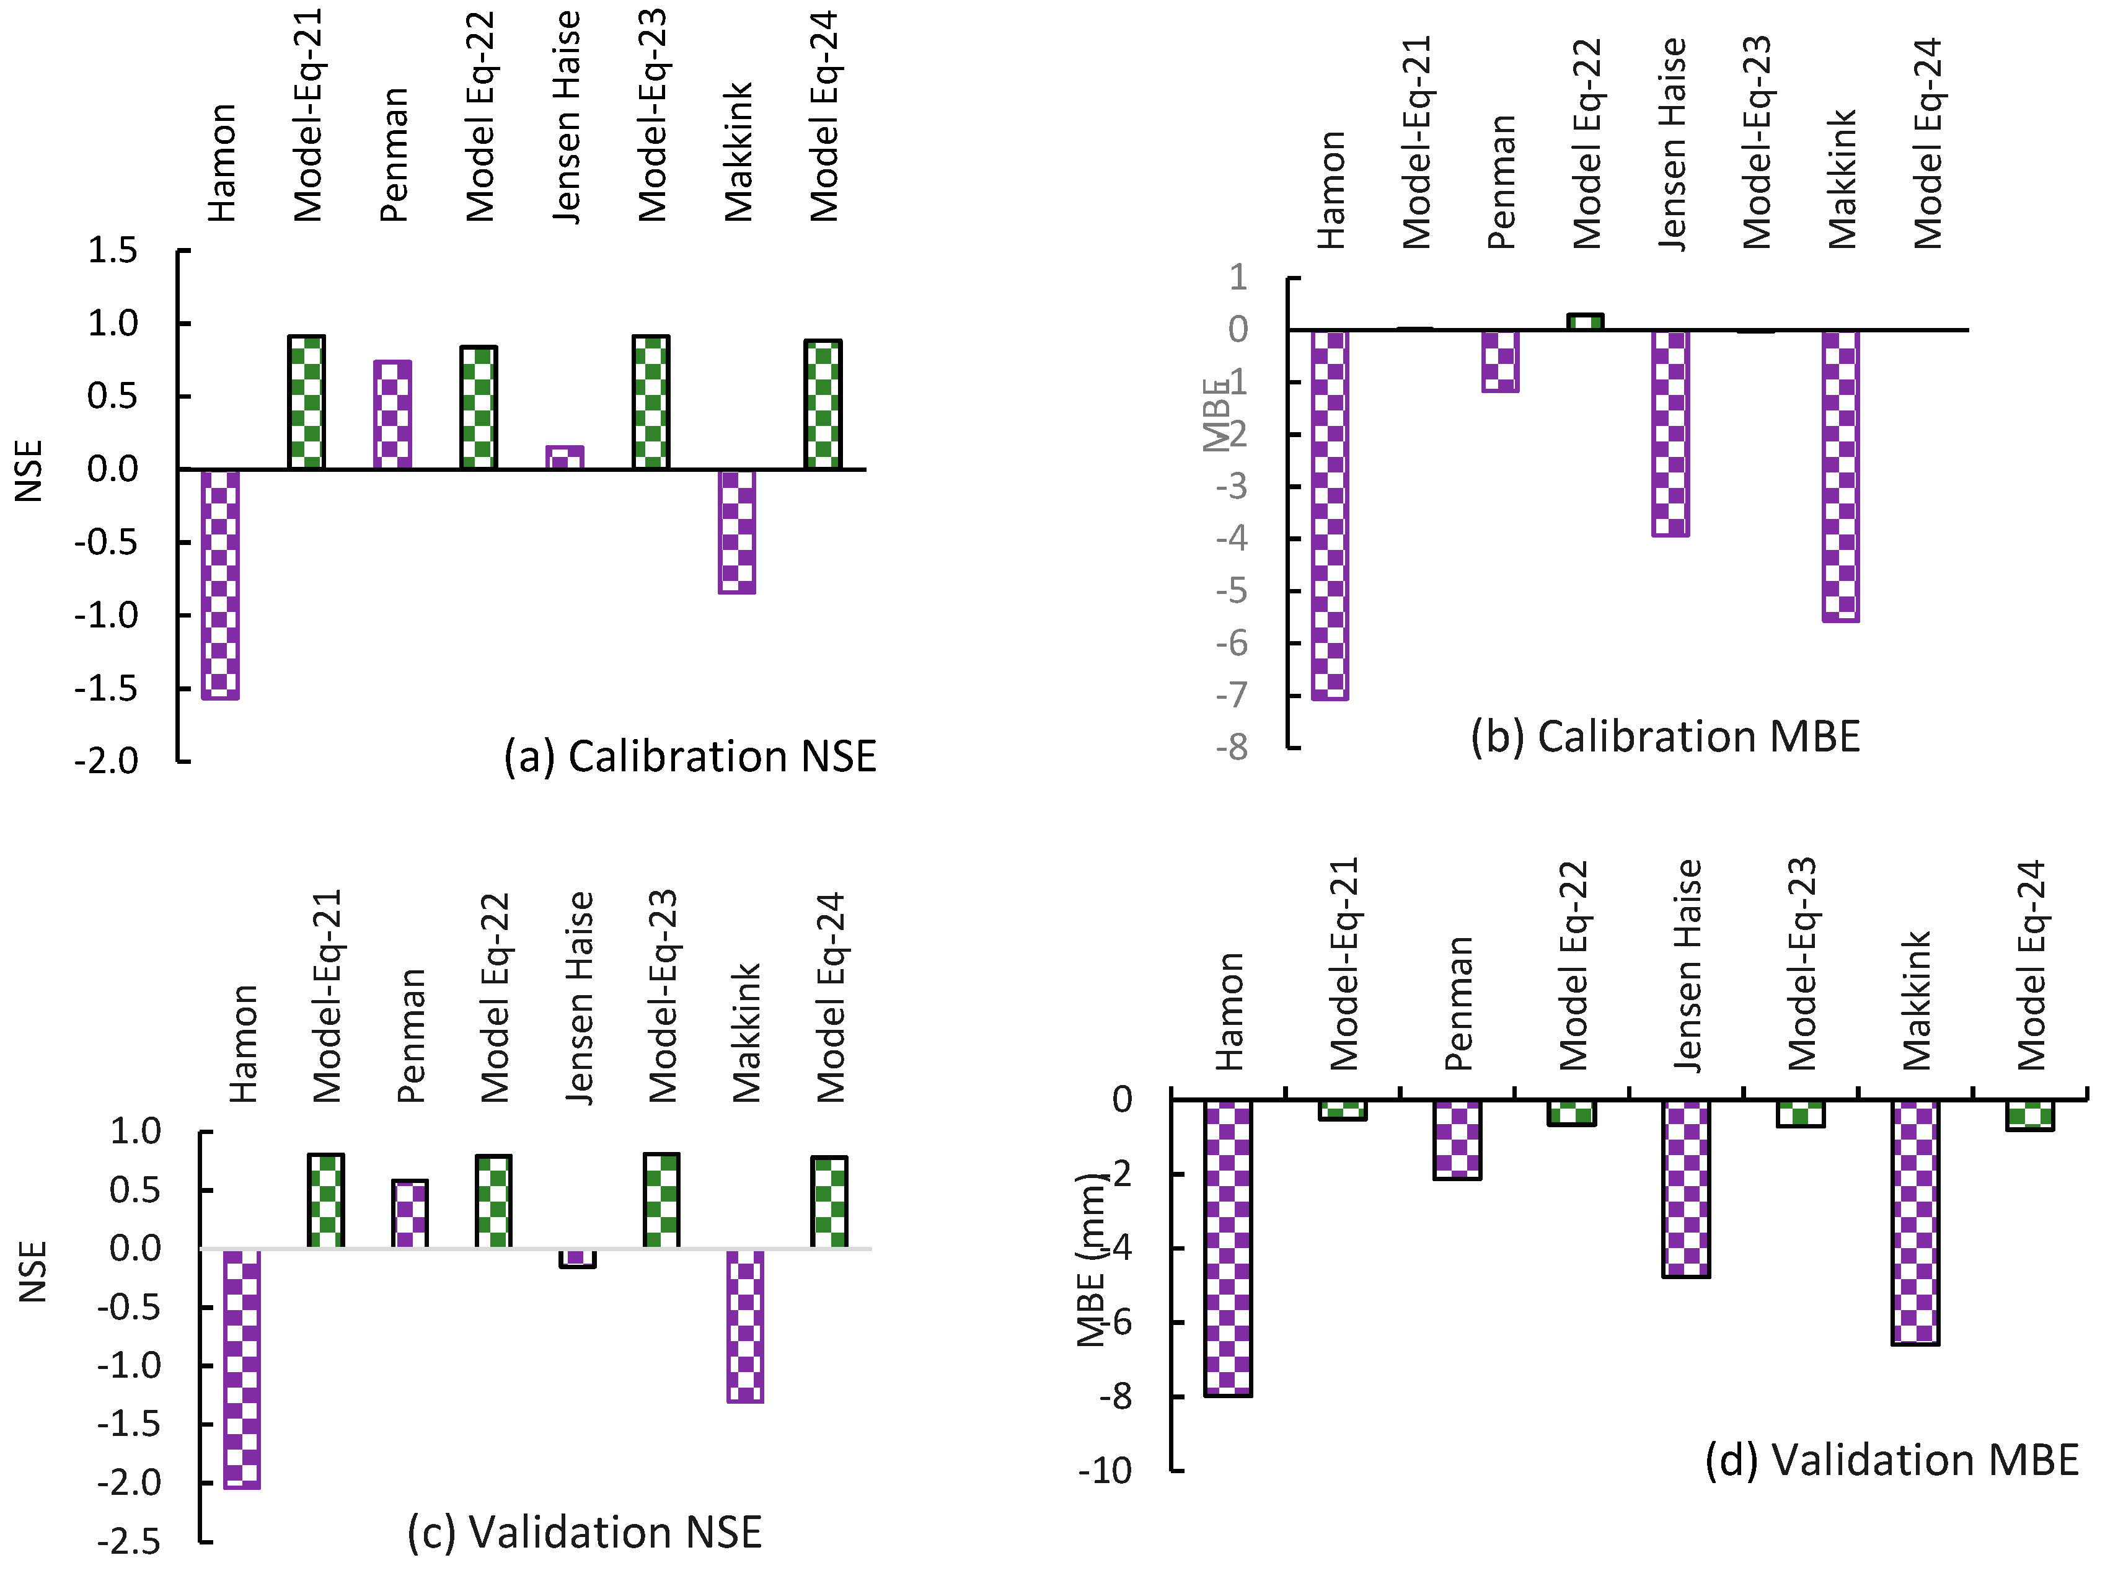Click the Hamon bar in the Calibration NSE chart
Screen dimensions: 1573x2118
220,583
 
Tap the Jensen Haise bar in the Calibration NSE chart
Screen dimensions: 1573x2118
565,457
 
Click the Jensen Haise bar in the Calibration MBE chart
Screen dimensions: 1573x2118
1670,433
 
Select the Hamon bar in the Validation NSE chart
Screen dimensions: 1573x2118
242,1368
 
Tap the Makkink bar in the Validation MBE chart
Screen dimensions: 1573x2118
1915,1221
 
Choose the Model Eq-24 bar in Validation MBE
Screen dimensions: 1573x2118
2031,1114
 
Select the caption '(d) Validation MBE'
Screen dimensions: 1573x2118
1891,1460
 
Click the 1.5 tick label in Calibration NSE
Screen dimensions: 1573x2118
112,251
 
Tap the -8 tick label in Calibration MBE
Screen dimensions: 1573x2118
1232,748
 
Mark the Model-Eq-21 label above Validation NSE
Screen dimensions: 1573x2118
327,995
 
